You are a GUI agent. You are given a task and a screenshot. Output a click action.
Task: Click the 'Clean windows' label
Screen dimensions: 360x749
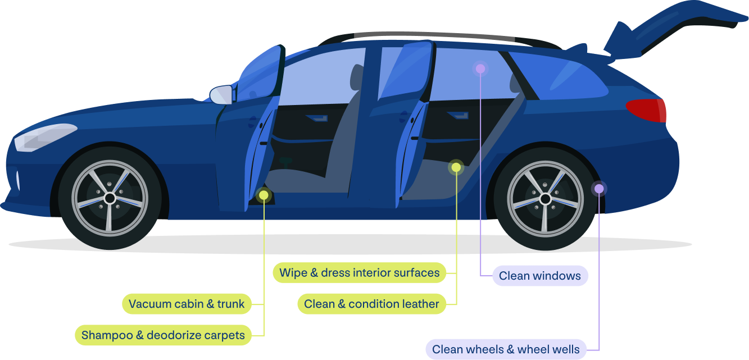(x=539, y=276)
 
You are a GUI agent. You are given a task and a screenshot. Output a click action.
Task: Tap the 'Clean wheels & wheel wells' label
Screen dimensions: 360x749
(x=506, y=349)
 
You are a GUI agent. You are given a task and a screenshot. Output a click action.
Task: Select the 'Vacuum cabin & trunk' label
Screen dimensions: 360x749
(x=187, y=304)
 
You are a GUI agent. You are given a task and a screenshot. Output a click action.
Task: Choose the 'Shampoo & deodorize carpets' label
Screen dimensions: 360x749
(x=163, y=335)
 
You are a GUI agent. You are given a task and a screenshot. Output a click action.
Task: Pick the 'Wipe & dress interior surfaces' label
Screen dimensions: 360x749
(x=360, y=273)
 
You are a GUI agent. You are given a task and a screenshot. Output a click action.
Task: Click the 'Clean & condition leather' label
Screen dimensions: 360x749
(x=371, y=304)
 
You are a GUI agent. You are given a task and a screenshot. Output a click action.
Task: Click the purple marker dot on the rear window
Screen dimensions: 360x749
(x=480, y=69)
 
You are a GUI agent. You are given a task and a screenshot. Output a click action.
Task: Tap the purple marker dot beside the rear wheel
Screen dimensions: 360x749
(x=599, y=188)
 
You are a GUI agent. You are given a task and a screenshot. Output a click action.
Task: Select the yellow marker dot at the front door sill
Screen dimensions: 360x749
(x=263, y=195)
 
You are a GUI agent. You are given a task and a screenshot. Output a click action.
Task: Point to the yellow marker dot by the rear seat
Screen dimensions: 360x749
(x=456, y=167)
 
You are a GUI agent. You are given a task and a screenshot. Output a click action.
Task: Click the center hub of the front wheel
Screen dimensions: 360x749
(x=110, y=198)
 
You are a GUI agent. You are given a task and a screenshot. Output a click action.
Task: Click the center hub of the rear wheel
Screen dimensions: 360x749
(x=544, y=198)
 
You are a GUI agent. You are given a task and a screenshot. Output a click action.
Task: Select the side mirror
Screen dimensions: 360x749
(x=221, y=94)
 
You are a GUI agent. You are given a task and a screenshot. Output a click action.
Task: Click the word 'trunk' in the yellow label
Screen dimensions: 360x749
(x=231, y=304)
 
